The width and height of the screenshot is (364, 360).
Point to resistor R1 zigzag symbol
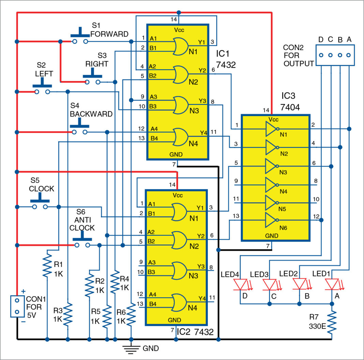tap(47, 264)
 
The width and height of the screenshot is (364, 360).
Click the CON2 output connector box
tap(335, 55)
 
